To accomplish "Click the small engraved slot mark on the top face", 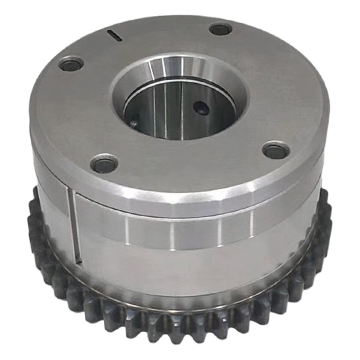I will pos(115,36).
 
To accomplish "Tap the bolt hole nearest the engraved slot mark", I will pos(71,64).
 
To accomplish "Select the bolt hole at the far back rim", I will pos(220,30).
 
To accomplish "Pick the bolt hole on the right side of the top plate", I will pos(275,150).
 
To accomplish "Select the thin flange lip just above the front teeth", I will pos(180,302).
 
